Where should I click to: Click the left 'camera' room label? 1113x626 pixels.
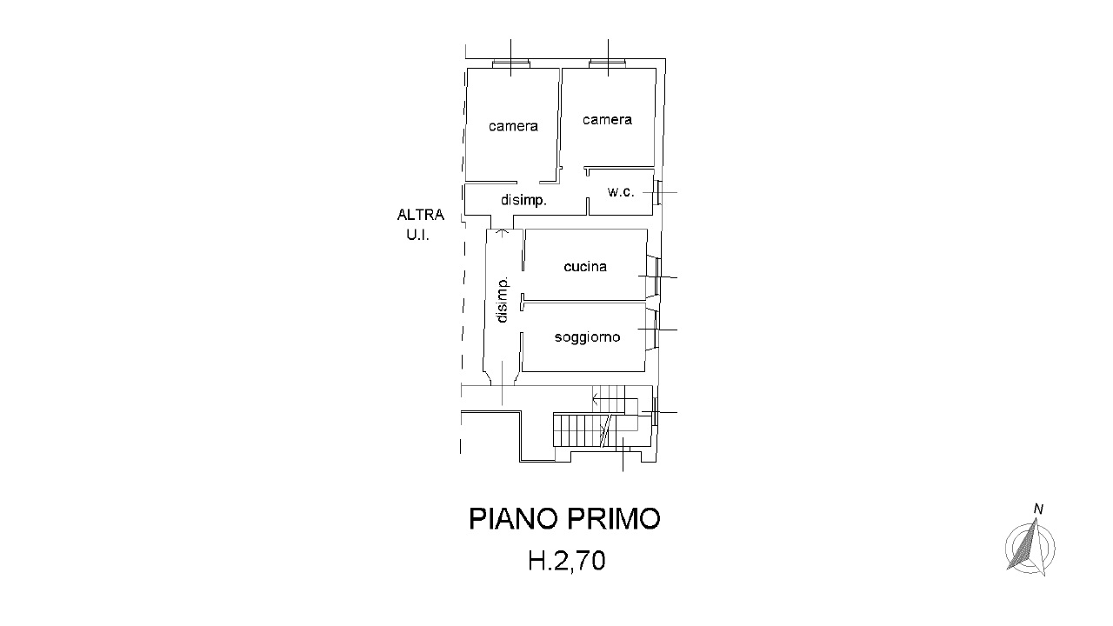click(x=513, y=126)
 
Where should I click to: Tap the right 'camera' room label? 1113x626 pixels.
click(x=607, y=120)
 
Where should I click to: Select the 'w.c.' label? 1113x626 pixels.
click(x=621, y=192)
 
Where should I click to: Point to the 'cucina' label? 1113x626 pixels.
click(x=585, y=267)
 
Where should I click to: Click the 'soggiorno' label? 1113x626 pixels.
click(x=587, y=337)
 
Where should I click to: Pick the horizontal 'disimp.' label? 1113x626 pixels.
click(x=523, y=200)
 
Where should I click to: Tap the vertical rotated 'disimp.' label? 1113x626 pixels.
click(x=503, y=300)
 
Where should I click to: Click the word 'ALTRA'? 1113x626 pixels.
click(x=420, y=215)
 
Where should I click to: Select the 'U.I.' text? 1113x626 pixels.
click(x=418, y=235)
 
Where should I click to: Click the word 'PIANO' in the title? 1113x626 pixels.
click(x=514, y=519)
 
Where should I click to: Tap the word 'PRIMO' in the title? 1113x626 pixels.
click(x=614, y=519)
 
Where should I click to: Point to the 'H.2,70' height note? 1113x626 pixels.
click(x=566, y=561)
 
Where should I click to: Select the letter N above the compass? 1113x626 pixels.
click(x=1038, y=509)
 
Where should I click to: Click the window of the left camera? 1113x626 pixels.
click(x=510, y=64)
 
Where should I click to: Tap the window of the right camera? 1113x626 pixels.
click(x=608, y=64)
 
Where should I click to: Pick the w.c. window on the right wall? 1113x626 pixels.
click(x=657, y=192)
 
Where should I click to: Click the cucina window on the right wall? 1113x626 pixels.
click(x=656, y=276)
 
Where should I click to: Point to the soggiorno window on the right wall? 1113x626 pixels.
click(x=656, y=329)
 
